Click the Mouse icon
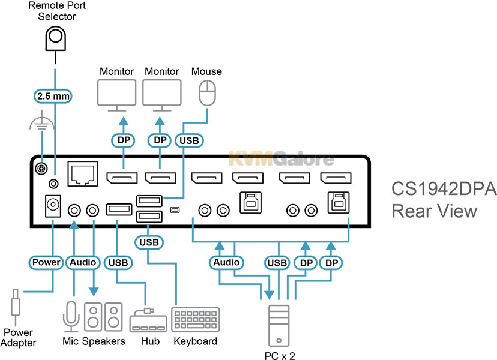coord(206,94)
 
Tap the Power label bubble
coord(46,262)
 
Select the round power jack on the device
coord(51,208)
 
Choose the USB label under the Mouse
coord(190,140)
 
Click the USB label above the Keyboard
coord(148,242)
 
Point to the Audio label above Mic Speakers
coord(83,262)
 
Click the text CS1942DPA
coord(444,190)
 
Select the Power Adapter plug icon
coord(16,306)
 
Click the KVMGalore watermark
coord(282,159)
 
